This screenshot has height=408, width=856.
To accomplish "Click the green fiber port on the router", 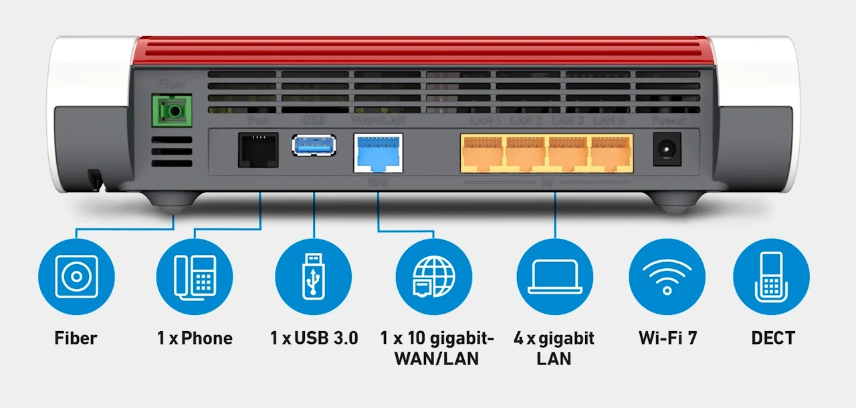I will (x=169, y=110).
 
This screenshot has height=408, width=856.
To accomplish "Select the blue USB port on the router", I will (x=314, y=145).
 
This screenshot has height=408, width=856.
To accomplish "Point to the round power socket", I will (x=667, y=148).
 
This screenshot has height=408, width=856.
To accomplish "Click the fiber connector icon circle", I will (x=76, y=276).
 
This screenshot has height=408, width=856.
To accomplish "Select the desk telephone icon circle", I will (x=195, y=276).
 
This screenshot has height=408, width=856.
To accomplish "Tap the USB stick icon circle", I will (x=313, y=276).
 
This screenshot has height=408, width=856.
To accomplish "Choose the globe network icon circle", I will (x=433, y=276).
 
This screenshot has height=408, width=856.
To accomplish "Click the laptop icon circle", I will (x=554, y=276).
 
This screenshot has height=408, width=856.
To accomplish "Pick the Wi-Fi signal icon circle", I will (x=667, y=276).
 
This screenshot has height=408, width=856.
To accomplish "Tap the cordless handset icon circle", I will (x=771, y=276).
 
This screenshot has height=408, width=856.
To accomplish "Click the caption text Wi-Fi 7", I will (x=667, y=338).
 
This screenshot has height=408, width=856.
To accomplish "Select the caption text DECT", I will (x=773, y=338).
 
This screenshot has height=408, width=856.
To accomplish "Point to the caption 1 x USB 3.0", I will (x=314, y=338).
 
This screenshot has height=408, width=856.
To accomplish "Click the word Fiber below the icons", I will (x=76, y=338).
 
